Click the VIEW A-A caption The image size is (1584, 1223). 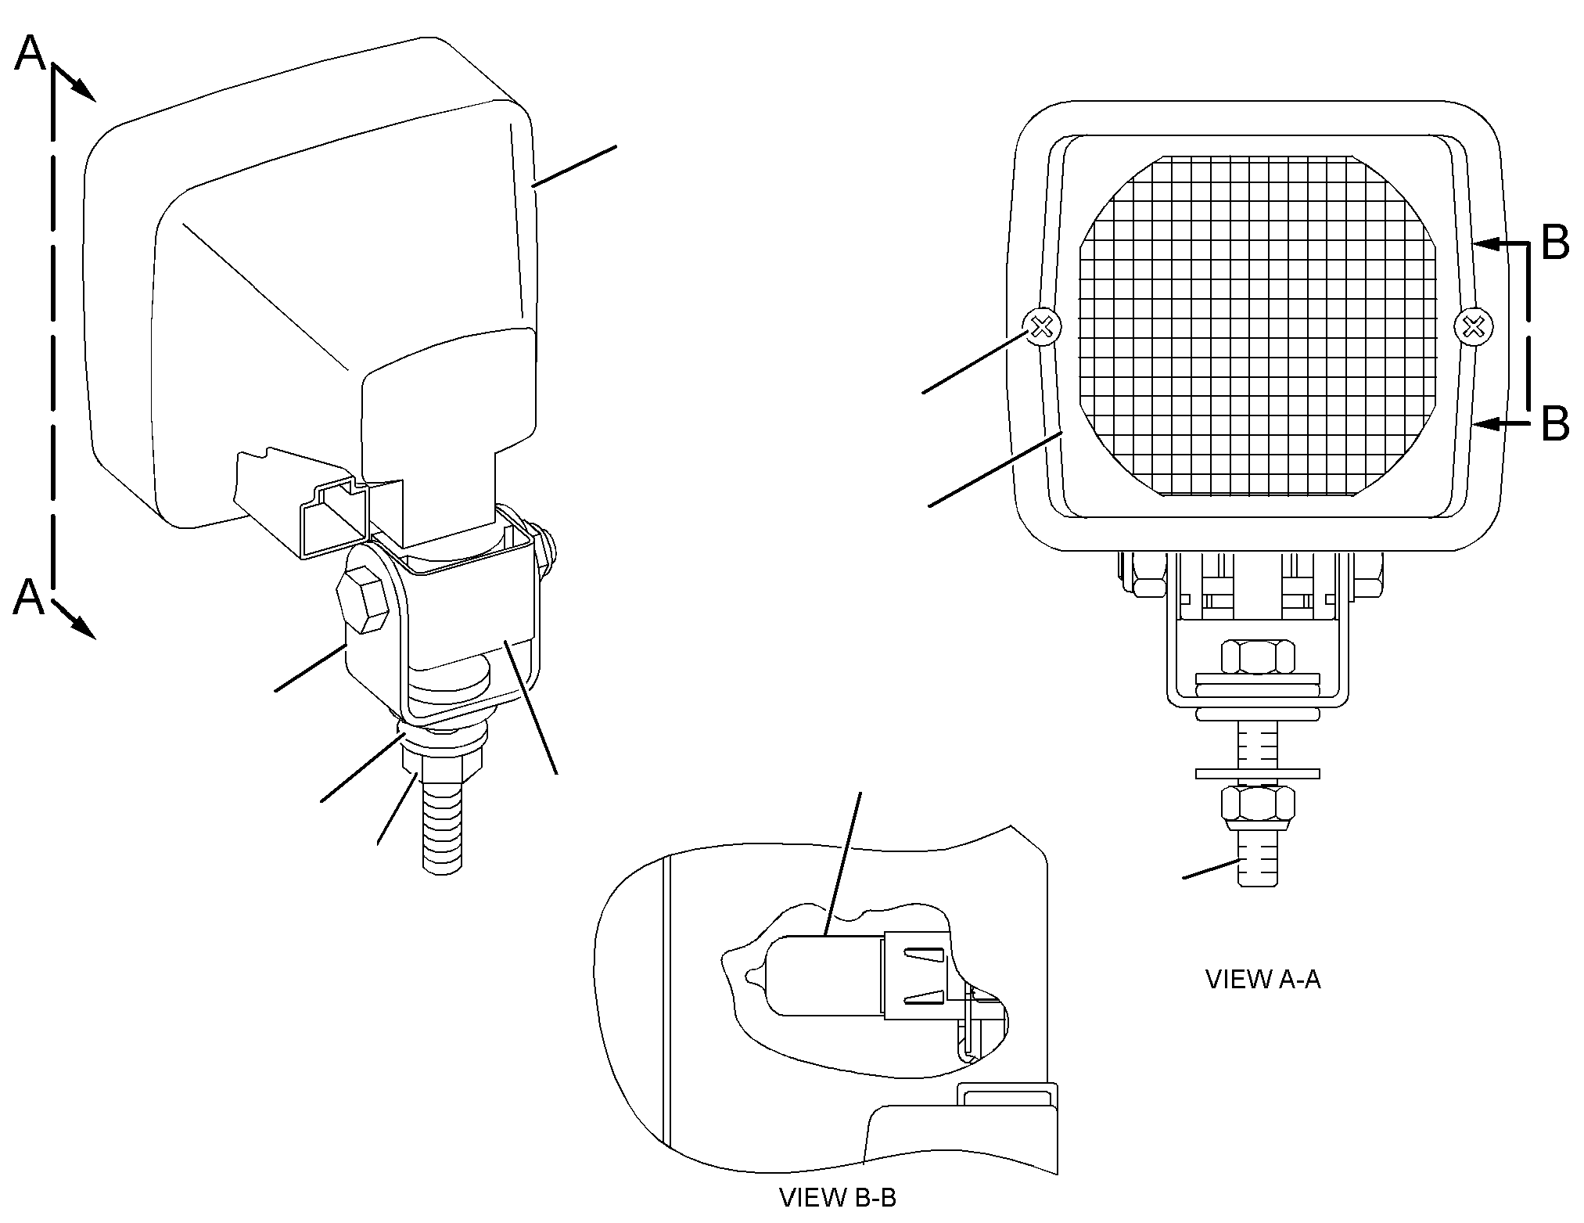pyautogui.click(x=1263, y=980)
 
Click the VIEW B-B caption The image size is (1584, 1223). pyautogui.click(x=838, y=1197)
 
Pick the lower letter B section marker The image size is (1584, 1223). pyautogui.click(x=1555, y=423)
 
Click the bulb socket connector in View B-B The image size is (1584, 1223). pyautogui.click(x=917, y=976)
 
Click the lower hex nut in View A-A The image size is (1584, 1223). pyautogui.click(x=1258, y=809)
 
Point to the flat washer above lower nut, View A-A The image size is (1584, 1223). pyautogui.click(x=1258, y=774)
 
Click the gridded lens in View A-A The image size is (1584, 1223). pyautogui.click(x=1258, y=325)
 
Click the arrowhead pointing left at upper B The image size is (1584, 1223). pyautogui.click(x=1485, y=245)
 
